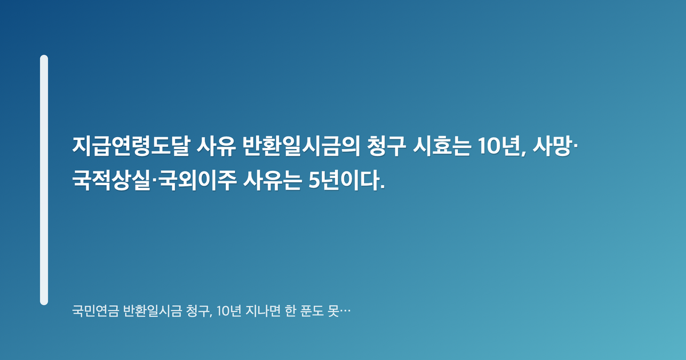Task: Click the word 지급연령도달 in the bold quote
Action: point(131,146)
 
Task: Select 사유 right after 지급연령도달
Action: point(216,146)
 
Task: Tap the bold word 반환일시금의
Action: point(301,146)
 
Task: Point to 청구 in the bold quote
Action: point(386,146)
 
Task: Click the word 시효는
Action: point(442,146)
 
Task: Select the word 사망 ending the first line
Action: point(552,146)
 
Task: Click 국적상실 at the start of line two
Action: point(111,181)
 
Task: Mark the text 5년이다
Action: point(346,181)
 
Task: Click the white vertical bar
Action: point(44,180)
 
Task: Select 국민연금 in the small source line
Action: point(95,311)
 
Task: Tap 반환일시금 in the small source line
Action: point(152,311)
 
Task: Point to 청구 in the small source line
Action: point(198,311)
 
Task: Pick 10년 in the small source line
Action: point(229,311)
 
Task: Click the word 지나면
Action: point(263,311)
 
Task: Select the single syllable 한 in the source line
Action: point(290,311)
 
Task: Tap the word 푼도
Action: point(312,311)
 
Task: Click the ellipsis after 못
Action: point(345,312)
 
